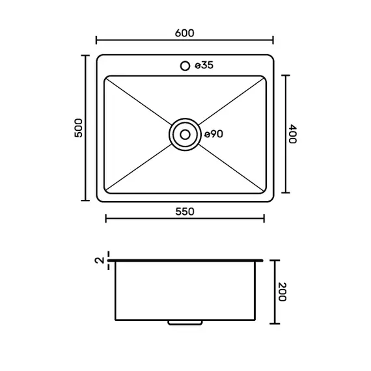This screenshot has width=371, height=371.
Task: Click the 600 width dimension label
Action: pos(185,33)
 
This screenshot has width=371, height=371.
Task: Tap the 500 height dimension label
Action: pos(79,128)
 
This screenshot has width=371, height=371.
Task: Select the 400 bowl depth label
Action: pos(292,134)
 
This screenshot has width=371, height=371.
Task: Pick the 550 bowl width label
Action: pos(185,212)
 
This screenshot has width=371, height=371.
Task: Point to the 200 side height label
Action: pos(282,292)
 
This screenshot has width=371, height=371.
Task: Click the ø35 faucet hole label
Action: pos(204,65)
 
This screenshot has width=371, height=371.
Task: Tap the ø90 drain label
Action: pos(213,134)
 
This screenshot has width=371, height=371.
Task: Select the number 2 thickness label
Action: pos(100,260)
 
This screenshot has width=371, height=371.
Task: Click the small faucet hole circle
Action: pos(185,66)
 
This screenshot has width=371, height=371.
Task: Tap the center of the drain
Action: pos(185,134)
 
